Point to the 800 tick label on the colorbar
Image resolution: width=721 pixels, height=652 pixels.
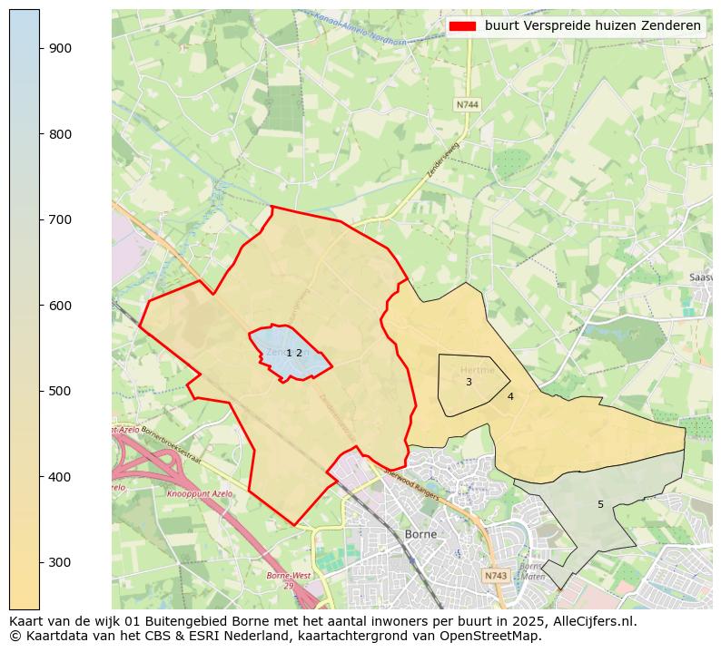coord(60,134)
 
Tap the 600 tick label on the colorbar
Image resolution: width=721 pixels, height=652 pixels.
coord(60,306)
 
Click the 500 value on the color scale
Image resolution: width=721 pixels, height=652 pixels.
coord(60,391)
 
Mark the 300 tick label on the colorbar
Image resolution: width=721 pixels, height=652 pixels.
coord(60,562)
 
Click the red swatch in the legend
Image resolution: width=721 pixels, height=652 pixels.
coord(462,26)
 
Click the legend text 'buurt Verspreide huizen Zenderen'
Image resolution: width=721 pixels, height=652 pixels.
coord(592,26)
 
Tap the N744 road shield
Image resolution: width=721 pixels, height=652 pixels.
coord(467,105)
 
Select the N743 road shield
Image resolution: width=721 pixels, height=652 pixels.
coord(495,576)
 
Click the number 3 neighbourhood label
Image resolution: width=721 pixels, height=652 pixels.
coord(469,383)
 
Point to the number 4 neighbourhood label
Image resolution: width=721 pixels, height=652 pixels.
coord(510,396)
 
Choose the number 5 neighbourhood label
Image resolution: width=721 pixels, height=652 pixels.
coord(600,504)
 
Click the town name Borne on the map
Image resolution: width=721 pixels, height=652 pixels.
coord(420,534)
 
